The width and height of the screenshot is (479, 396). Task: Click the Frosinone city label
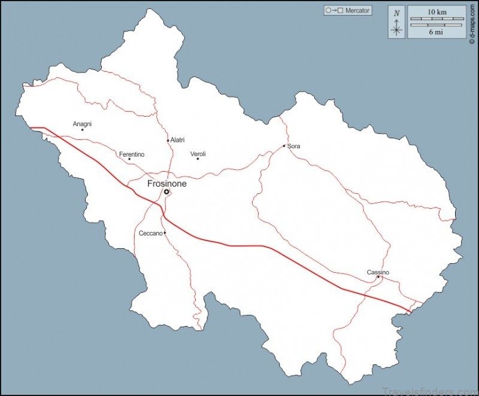coord(167,184)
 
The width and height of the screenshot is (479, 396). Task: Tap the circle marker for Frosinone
coord(166,192)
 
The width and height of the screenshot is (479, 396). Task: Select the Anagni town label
coord(82,124)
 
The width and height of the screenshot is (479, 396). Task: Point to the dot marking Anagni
coord(82,130)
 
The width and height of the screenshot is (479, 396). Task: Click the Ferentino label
coord(132,154)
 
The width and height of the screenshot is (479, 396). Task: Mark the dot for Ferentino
coord(129,159)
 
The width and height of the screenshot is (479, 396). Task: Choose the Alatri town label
coord(177,140)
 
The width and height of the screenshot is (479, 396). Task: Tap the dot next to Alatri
coord(168,141)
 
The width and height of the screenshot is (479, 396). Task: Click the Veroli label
coord(198,154)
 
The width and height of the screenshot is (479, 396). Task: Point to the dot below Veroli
coord(198,159)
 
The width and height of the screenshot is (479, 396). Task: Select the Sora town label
coord(293,146)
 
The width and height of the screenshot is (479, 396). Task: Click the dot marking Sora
coord(284,146)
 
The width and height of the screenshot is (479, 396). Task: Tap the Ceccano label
coord(150,233)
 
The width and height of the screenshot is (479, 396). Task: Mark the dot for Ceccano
coord(165,233)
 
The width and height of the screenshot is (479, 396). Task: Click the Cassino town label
coord(378,273)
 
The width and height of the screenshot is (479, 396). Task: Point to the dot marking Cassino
coord(378,277)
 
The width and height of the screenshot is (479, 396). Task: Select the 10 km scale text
coord(436,12)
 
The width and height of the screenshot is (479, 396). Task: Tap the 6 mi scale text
coord(436,32)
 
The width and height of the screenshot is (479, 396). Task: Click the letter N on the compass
coord(396,13)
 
